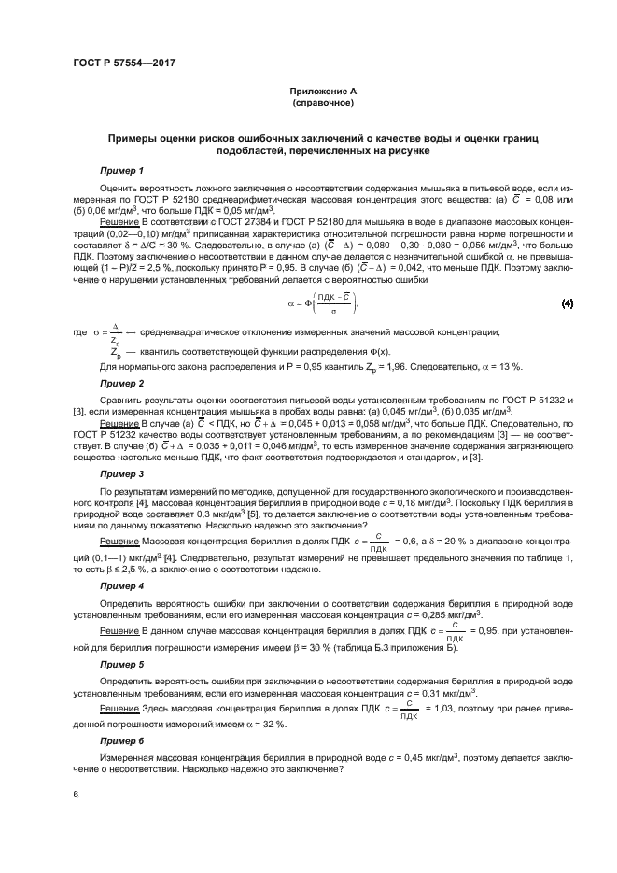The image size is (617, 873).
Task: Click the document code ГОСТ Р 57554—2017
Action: tap(124, 63)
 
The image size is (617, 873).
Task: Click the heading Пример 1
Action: tap(122, 171)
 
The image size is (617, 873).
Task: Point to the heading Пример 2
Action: tap(122, 383)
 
